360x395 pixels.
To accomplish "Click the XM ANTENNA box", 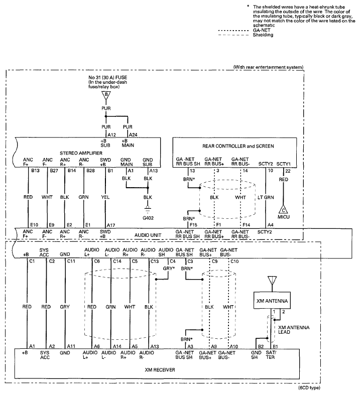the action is pyautogui.click(x=272, y=301).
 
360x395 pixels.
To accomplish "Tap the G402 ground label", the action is pyautogui.click(x=148, y=218).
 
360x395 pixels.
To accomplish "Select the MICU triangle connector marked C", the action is pyautogui.click(x=283, y=210).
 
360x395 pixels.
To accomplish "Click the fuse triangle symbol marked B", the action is pyautogui.click(x=106, y=95).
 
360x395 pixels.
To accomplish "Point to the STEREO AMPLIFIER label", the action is pyautogui.click(x=81, y=153).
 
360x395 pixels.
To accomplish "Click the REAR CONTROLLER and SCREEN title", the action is pyautogui.click(x=238, y=146).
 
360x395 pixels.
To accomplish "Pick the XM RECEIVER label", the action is pyautogui.click(x=160, y=370).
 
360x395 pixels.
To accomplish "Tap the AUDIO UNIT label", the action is pyautogui.click(x=148, y=235).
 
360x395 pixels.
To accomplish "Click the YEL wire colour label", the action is pyautogui.click(x=105, y=197).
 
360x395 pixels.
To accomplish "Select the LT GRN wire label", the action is pyautogui.click(x=266, y=197).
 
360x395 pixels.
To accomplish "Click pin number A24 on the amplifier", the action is pyautogui.click(x=133, y=135).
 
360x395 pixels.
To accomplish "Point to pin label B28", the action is pyautogui.click(x=90, y=171).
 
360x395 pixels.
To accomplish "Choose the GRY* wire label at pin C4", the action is pyautogui.click(x=169, y=269).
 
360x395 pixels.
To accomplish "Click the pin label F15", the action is pyautogui.click(x=193, y=225).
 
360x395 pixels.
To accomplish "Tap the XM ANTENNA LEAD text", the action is pyautogui.click(x=294, y=330).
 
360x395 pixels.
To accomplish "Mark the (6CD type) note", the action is pyautogui.click(x=309, y=387).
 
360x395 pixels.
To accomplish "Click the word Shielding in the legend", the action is pyautogui.click(x=263, y=35).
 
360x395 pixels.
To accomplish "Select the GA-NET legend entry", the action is pyautogui.click(x=262, y=30).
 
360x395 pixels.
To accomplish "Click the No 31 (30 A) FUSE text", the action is pyautogui.click(x=107, y=77).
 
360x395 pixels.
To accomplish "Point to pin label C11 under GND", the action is pyautogui.click(x=71, y=261).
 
